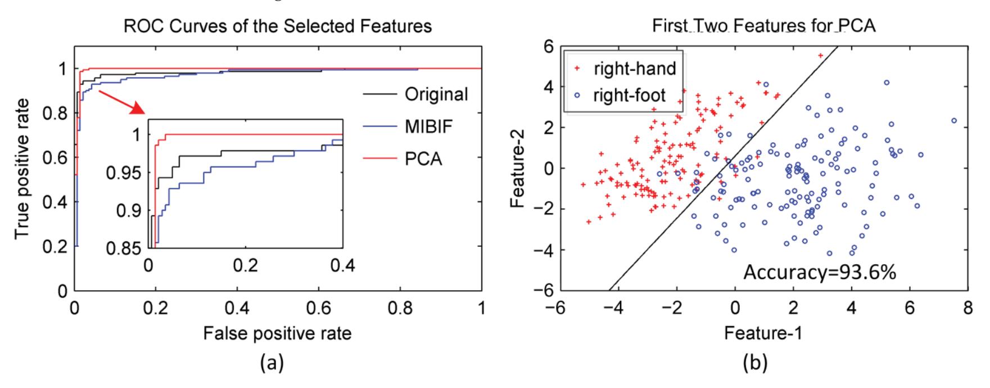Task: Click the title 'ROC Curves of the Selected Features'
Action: tap(278, 26)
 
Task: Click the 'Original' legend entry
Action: tap(436, 94)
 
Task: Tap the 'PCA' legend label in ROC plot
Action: tap(423, 159)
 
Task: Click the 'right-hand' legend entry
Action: tap(635, 69)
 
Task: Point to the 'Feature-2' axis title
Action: tap(517, 168)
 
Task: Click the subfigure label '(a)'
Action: tap(273, 364)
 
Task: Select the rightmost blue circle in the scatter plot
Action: tap(954, 121)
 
